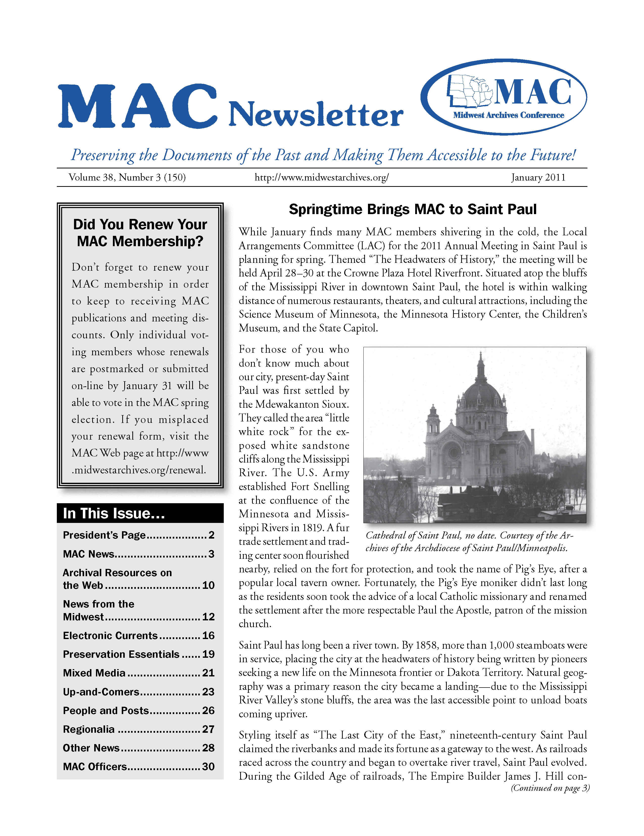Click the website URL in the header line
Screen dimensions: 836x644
point(321,178)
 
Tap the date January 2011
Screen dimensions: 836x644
point(538,178)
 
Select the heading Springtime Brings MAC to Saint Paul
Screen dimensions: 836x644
point(412,209)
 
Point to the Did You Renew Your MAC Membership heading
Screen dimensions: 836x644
point(140,233)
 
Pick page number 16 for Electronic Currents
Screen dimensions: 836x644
point(208,636)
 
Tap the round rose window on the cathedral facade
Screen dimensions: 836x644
point(454,452)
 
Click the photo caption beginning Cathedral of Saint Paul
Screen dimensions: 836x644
point(469,542)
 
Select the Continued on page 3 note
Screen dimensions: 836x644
point(550,788)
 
